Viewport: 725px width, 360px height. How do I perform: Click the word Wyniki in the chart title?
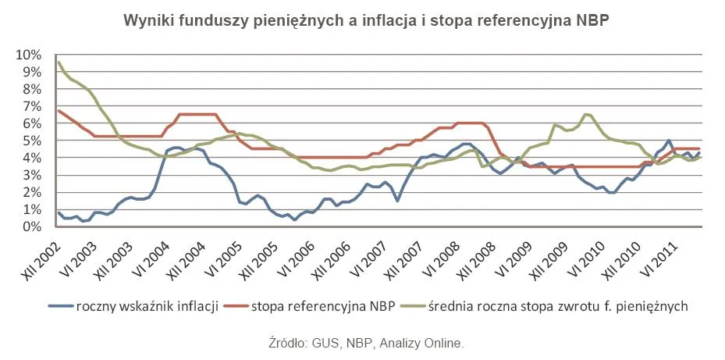[x=147, y=20]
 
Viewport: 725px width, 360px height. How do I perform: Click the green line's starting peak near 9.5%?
[x=59, y=62]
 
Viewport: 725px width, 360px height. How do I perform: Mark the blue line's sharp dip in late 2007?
[x=397, y=201]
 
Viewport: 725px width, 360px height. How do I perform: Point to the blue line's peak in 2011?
[x=669, y=141]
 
